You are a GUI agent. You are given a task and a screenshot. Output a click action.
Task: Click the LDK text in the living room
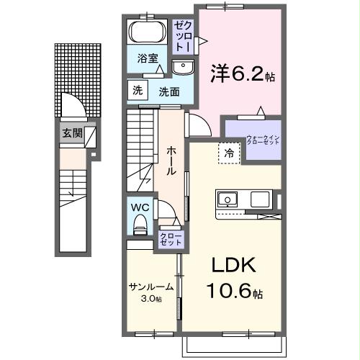click(x=233, y=266)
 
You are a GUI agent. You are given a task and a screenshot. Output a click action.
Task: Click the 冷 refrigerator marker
click(x=228, y=153)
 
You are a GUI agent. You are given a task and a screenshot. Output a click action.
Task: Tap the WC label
click(x=140, y=206)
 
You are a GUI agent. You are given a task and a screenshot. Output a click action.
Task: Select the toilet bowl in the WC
click(x=140, y=224)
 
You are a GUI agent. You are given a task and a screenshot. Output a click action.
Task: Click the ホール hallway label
click(x=173, y=161)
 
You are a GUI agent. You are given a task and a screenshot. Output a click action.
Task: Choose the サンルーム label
click(x=150, y=286)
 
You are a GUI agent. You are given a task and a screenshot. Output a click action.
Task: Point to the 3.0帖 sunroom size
click(x=150, y=298)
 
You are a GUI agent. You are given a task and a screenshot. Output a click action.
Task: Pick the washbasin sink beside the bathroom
click(x=183, y=68)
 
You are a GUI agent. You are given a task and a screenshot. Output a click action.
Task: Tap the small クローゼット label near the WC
click(x=171, y=239)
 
